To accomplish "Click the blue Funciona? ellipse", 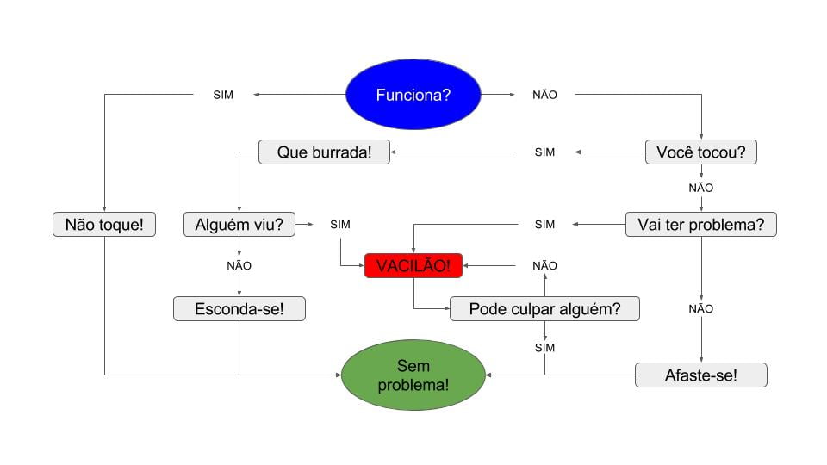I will [413, 95].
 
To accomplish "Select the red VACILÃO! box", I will [413, 266].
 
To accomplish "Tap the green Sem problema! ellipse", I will [413, 375].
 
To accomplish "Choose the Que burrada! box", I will [324, 152].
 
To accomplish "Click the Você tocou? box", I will [700, 152].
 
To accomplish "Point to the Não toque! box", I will [104, 225].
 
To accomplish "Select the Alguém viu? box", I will [239, 225].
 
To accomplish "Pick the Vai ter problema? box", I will [700, 225].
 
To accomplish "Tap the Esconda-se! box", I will [239, 308].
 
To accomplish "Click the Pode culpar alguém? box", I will [544, 308].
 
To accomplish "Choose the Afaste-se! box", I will [700, 375].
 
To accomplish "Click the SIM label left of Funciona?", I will [223, 95].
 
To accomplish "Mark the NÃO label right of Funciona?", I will [544, 95].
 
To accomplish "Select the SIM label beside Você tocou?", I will [544, 152].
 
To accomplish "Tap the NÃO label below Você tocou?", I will [700, 188].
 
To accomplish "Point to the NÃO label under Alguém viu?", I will [239, 265].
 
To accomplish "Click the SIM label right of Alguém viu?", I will [340, 225].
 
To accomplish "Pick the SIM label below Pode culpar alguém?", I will [544, 348].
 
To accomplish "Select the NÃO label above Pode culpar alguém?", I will [544, 265].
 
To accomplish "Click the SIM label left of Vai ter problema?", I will [544, 225].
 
